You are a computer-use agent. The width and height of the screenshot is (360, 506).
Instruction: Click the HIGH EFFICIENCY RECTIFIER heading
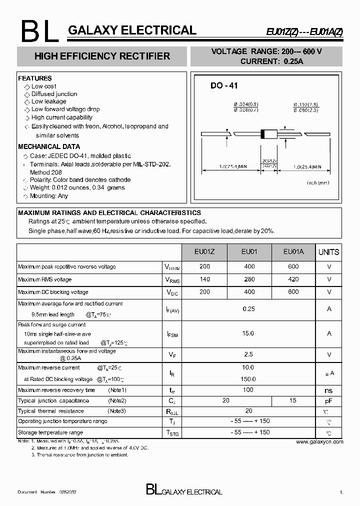102,56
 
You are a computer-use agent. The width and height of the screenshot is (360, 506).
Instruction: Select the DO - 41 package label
223,86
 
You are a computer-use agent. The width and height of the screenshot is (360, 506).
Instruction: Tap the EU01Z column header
204,252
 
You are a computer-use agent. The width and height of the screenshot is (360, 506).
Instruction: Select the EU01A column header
293,252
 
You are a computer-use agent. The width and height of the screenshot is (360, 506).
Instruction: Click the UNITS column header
328,252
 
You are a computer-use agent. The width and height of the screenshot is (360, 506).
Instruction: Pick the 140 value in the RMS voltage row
204,279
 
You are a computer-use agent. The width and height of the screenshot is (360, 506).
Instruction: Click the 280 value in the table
249,279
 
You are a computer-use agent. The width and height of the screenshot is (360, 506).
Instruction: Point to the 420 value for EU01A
293,279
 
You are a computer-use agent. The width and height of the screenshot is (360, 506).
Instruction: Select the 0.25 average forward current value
248,309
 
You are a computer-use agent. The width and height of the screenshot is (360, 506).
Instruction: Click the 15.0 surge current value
248,333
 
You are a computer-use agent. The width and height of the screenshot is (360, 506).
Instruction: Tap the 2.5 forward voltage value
248,354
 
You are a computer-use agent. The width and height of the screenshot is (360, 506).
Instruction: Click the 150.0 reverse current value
248,379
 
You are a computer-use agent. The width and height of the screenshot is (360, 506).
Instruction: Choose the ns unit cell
328,390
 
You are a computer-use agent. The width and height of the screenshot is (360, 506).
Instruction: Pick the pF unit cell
328,400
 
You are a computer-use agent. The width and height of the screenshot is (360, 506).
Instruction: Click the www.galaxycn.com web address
319,442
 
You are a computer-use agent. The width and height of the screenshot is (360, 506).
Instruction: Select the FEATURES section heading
35,78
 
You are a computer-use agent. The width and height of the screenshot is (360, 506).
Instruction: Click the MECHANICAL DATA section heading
49,147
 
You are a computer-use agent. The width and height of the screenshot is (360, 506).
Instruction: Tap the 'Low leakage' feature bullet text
48,101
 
